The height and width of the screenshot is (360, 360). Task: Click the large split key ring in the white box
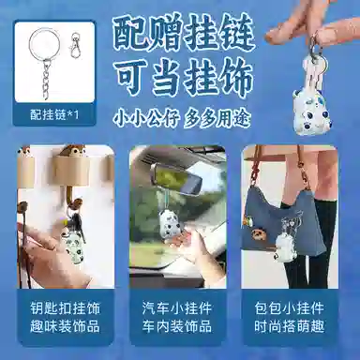pyautogui.click(x=30, y=45)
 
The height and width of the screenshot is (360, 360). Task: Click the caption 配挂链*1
pyautogui.click(x=54, y=114)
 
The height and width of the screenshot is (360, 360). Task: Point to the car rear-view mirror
pyautogui.click(x=176, y=177)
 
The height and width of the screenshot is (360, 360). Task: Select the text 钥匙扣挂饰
pyautogui.click(x=66, y=308)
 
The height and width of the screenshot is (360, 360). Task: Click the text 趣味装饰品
pyautogui.click(x=66, y=326)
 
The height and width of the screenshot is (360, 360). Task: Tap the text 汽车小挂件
pyautogui.click(x=177, y=308)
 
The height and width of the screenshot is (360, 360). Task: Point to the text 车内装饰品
pyautogui.click(x=177, y=326)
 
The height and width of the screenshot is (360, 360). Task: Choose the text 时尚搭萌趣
pyautogui.click(x=289, y=326)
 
